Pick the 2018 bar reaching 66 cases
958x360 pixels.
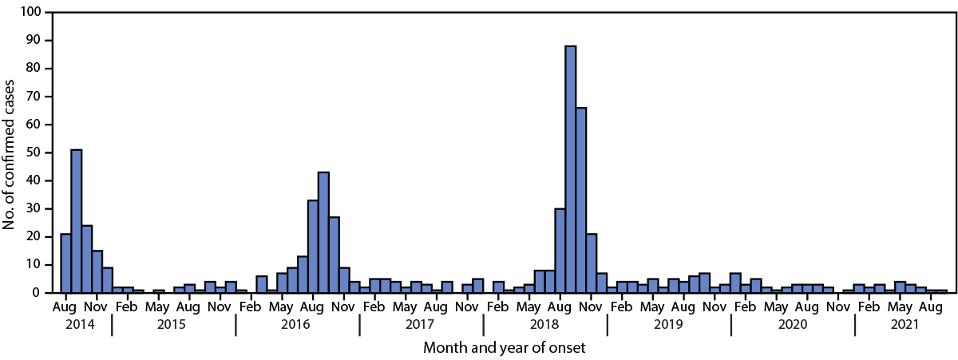coord(581,200)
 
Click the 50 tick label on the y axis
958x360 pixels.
coord(34,152)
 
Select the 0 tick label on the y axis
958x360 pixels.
coord(37,293)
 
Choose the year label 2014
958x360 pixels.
coord(76,326)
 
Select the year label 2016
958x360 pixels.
coord(298,326)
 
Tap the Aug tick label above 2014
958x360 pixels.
coord(65,307)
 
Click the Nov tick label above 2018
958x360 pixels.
coord(592,307)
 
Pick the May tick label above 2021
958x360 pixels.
coord(901,307)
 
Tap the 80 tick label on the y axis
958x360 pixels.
coord(34,69)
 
